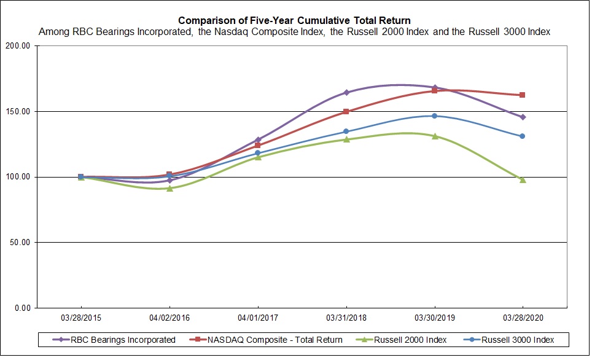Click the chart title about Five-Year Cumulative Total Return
click(x=294, y=21)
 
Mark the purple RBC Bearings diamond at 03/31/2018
click(x=346, y=92)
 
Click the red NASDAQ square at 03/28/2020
click(x=523, y=95)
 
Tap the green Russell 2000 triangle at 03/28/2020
click(x=523, y=179)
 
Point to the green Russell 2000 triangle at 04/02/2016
click(x=169, y=188)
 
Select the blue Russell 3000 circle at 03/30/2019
click(x=434, y=115)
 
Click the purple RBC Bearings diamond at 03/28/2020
click(x=523, y=117)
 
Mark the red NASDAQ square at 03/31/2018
click(x=346, y=112)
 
